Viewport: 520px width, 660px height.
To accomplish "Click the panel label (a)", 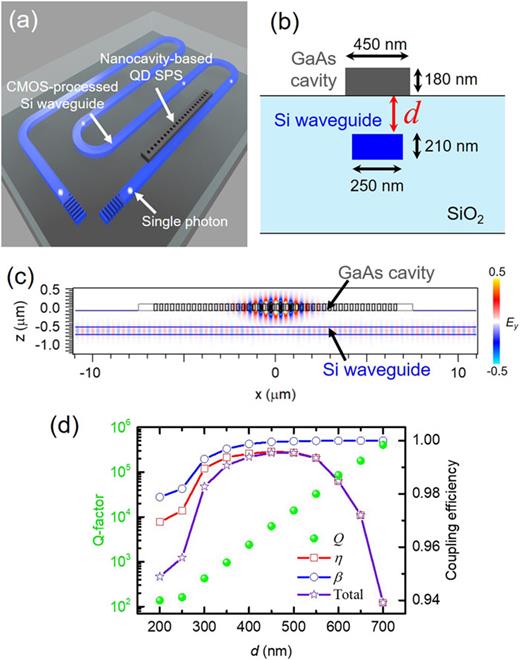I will click(x=21, y=18).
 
